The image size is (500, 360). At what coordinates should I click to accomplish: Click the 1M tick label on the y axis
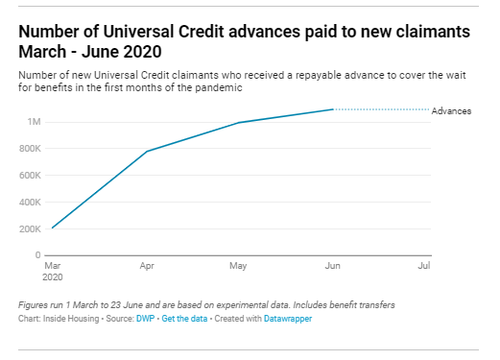(33, 122)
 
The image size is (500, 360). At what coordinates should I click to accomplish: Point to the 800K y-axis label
(28, 149)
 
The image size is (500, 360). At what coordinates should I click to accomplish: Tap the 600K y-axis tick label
(28, 176)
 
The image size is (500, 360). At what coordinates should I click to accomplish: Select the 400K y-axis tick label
(28, 203)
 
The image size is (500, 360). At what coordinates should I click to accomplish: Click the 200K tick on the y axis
(28, 229)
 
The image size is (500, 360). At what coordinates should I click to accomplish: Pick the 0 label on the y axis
(36, 255)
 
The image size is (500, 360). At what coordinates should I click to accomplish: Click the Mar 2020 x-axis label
(53, 269)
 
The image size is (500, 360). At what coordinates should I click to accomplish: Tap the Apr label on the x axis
(146, 263)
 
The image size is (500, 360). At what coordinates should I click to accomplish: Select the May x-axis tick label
(239, 263)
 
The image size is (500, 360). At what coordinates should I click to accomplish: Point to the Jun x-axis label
(332, 263)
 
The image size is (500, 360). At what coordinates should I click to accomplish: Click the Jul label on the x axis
(423, 263)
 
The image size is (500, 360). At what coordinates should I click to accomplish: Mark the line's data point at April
(146, 152)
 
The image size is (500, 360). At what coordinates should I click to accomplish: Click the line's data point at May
(239, 123)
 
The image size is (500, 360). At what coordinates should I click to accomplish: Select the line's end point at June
(332, 109)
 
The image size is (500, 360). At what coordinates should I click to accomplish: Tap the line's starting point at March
(52, 228)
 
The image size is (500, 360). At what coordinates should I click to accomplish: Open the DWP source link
(140, 318)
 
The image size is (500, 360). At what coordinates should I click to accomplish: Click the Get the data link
(182, 318)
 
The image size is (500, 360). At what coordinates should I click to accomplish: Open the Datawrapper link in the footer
(286, 318)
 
